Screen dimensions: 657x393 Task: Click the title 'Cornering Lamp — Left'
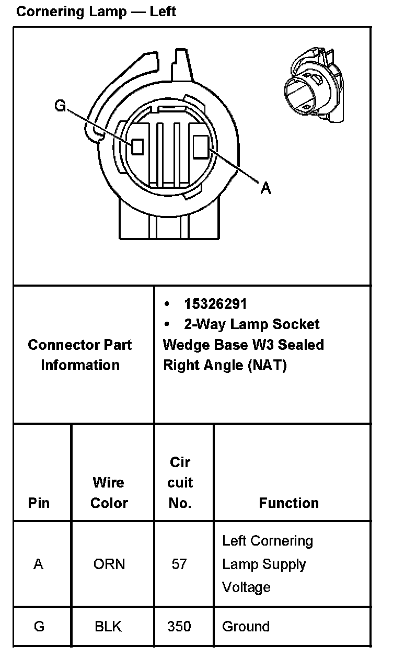click(x=96, y=12)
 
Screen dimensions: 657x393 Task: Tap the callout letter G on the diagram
click(x=61, y=106)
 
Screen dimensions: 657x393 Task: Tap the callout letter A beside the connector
click(x=266, y=187)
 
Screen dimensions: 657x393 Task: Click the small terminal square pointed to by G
click(x=137, y=146)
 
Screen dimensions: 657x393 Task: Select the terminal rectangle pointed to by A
click(x=201, y=146)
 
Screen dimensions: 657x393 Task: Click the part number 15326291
click(x=215, y=304)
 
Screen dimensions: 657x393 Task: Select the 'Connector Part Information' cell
click(x=80, y=355)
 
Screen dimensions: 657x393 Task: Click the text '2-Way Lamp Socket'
click(x=251, y=324)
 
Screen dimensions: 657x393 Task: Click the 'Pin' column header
click(x=39, y=503)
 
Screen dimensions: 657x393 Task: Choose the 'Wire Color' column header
click(x=109, y=492)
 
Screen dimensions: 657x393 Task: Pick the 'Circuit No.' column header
click(x=180, y=482)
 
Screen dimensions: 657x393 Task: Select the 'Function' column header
click(x=288, y=503)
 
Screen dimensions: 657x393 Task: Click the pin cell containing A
click(x=39, y=564)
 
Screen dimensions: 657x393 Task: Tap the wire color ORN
click(x=109, y=564)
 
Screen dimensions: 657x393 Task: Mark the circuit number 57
click(x=179, y=564)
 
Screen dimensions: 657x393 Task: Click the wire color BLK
click(x=108, y=626)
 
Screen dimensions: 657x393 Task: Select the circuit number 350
click(x=179, y=626)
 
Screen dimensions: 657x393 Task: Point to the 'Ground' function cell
click(x=246, y=626)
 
